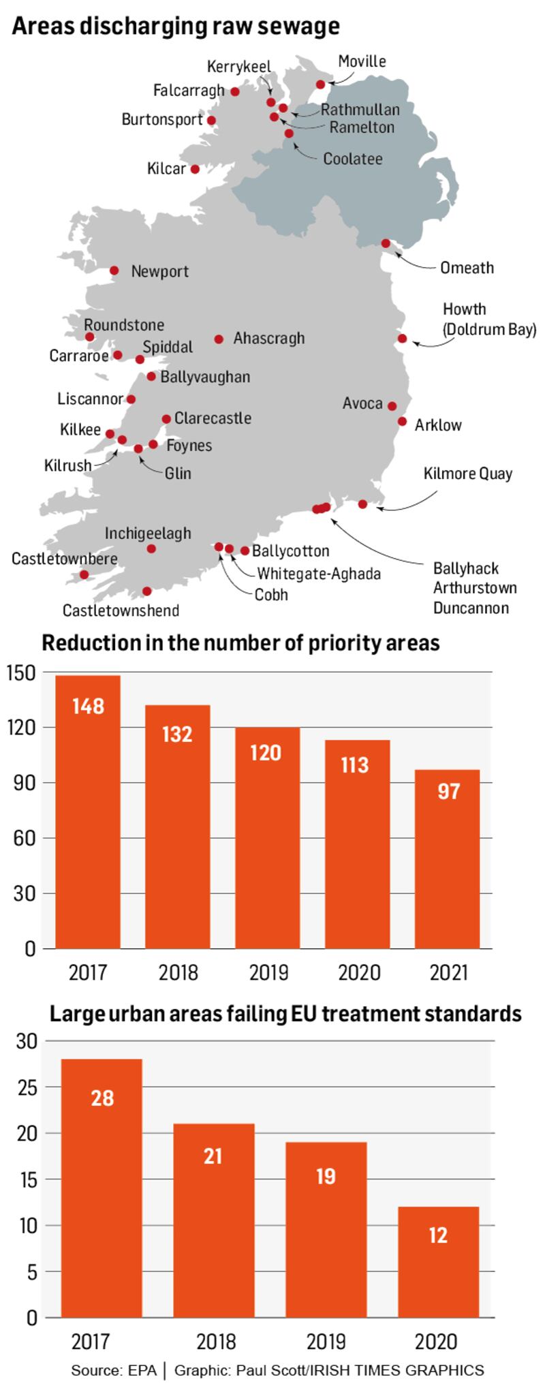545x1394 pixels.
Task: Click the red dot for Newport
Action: coord(114,270)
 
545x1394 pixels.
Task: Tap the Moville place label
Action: coord(362,61)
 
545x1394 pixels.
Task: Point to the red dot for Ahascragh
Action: coord(219,339)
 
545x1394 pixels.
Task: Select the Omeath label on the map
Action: coord(467,267)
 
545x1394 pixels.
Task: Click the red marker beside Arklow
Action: coord(402,421)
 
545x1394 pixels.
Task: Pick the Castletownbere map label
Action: coord(65,559)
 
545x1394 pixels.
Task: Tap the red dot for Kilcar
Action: coord(195,169)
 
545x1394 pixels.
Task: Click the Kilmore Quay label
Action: coord(467,474)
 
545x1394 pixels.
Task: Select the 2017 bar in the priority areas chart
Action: coord(88,811)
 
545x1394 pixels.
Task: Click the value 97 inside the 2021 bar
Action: coord(448,791)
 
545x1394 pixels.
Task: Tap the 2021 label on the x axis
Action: coord(448,972)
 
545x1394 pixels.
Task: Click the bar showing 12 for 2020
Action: coord(438,1262)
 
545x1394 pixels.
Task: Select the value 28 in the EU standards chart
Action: coord(102,1098)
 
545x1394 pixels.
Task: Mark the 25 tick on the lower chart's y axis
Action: coord(28,1087)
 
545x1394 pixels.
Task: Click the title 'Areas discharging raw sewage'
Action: coord(176,25)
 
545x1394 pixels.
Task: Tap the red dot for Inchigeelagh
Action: coord(151,548)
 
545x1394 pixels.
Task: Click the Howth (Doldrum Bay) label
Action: coord(489,319)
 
